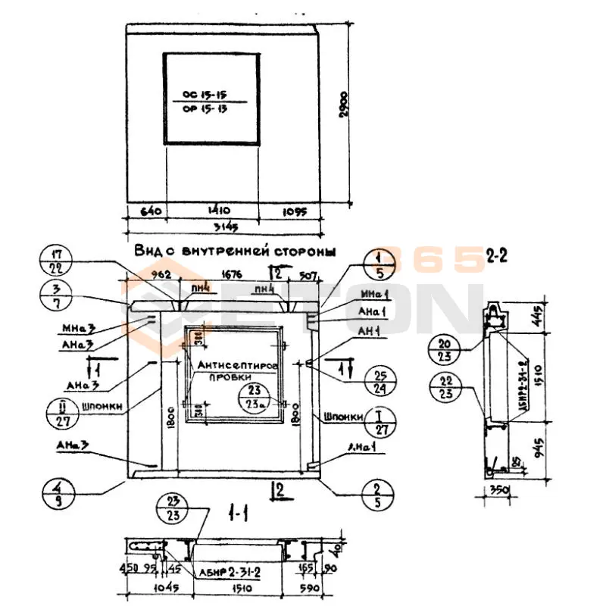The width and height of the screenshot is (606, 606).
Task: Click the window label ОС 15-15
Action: [x=205, y=95]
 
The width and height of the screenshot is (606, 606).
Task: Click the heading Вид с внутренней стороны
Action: [x=235, y=251]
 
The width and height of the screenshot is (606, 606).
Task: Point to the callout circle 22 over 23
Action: [x=445, y=389]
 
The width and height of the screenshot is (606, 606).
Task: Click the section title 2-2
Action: [x=497, y=258]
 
